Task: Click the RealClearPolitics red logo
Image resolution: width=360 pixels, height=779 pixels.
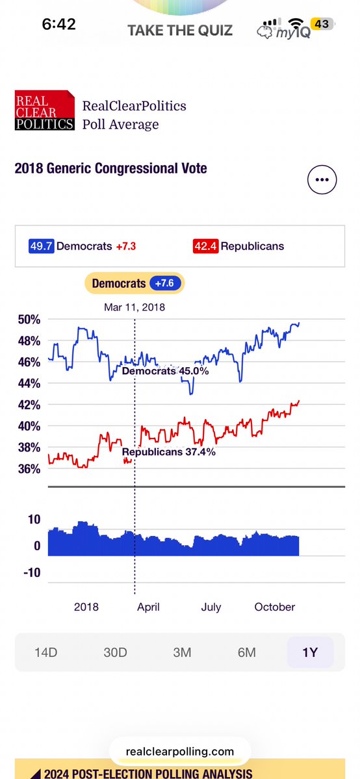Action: click(x=44, y=110)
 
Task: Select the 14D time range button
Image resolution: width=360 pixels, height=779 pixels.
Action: click(x=46, y=652)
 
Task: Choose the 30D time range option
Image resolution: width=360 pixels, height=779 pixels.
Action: click(x=115, y=652)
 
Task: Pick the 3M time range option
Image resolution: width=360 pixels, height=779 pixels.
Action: click(x=182, y=652)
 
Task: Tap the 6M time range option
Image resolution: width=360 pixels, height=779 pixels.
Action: click(x=247, y=652)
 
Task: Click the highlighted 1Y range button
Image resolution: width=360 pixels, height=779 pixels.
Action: click(x=310, y=652)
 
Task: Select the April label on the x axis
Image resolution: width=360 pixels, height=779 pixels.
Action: click(x=148, y=607)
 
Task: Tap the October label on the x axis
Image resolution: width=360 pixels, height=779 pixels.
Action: click(x=275, y=607)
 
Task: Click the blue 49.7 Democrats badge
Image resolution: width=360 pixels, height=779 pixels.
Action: click(x=42, y=246)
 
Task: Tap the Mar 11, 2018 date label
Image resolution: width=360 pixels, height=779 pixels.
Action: click(x=135, y=307)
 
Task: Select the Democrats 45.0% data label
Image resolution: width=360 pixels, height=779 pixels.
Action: click(x=165, y=371)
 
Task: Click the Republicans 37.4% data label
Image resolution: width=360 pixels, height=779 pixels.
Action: click(x=168, y=452)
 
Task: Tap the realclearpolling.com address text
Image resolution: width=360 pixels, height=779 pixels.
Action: click(x=180, y=752)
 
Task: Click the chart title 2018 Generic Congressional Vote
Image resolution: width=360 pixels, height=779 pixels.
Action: click(x=110, y=168)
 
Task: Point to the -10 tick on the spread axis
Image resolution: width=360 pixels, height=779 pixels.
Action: click(x=32, y=572)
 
